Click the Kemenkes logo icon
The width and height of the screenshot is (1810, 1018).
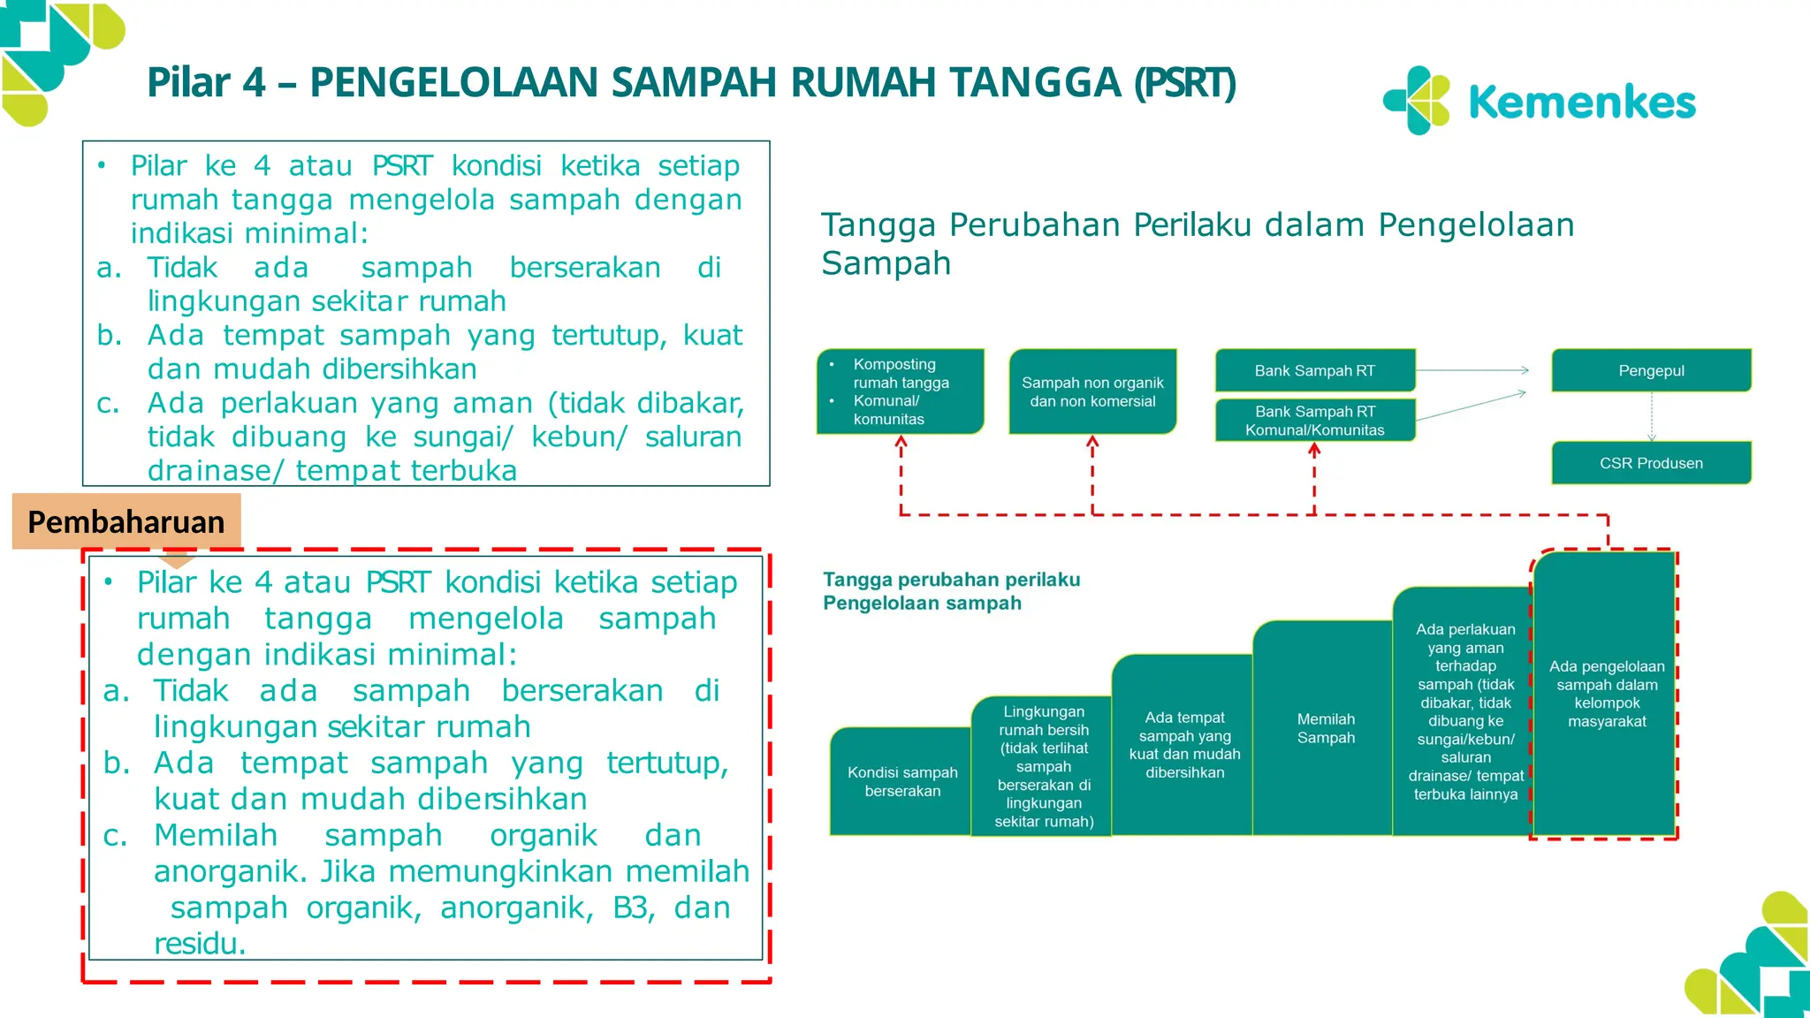1417,100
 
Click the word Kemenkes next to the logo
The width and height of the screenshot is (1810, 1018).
1581,103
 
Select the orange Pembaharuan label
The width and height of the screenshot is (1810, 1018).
126,521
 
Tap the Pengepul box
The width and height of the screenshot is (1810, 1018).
1651,370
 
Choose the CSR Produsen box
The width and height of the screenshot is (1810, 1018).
1651,463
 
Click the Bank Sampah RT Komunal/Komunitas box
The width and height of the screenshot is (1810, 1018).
1314,421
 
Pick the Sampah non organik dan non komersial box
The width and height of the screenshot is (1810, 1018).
1092,391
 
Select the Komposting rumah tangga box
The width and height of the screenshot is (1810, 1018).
900,391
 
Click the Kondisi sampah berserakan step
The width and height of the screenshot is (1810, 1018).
901,781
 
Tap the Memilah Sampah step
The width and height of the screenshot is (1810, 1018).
1325,728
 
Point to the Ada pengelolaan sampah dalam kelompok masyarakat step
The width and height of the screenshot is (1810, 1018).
1606,694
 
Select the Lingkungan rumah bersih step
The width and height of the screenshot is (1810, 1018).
1043,765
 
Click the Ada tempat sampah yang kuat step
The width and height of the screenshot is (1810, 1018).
1184,744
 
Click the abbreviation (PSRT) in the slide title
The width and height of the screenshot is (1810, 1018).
1184,83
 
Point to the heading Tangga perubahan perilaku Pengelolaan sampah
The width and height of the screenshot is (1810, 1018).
951,591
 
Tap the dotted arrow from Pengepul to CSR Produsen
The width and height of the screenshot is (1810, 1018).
1651,416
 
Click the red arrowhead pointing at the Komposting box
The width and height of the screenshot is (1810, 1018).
901,443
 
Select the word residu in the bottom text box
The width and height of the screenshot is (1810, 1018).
199,944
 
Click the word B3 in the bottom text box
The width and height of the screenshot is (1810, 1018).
633,908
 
